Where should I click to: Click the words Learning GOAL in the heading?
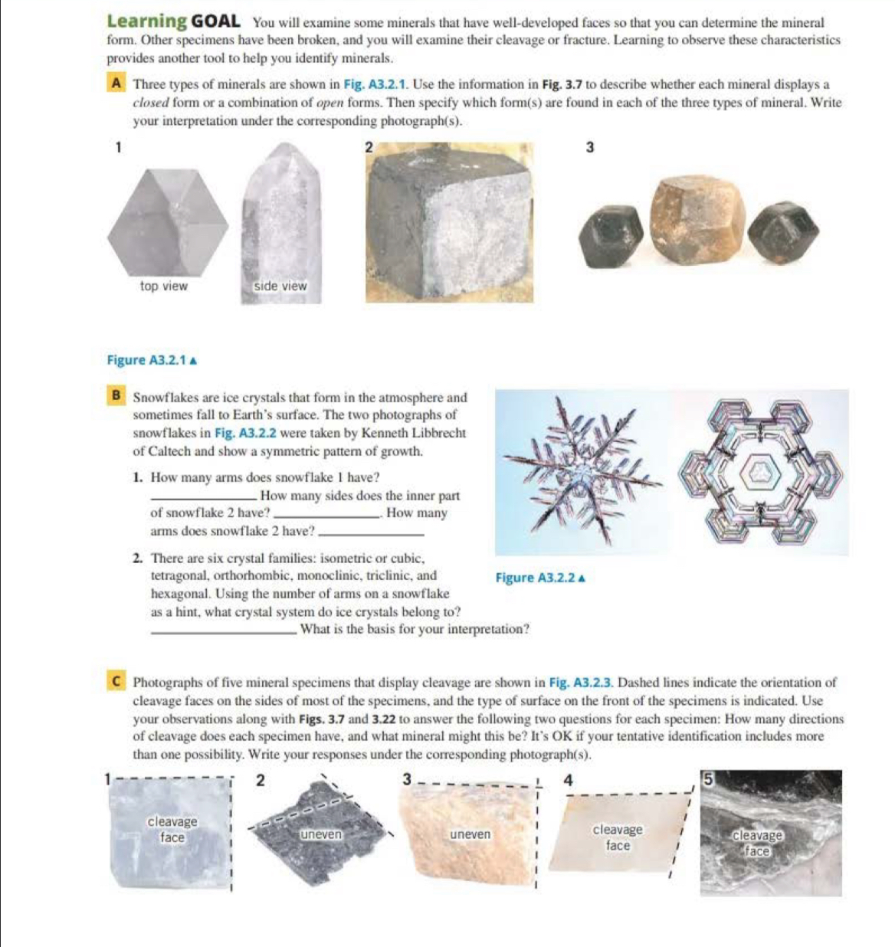point(173,21)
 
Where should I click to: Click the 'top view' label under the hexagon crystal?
point(163,286)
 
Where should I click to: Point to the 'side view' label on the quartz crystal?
point(280,286)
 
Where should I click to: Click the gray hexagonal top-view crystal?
point(167,222)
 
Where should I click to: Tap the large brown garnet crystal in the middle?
point(697,220)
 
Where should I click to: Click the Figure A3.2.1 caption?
point(152,360)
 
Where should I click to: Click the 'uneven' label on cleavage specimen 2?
point(320,834)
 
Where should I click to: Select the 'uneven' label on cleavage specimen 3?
point(470,834)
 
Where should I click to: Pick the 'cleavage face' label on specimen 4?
point(618,837)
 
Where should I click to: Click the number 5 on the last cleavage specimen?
point(709,779)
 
